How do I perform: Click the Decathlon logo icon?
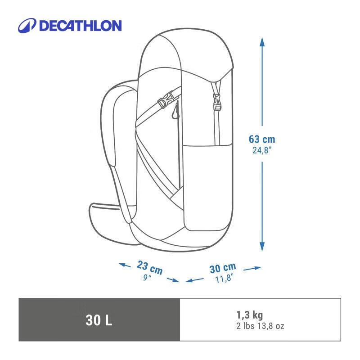click(x=27, y=26)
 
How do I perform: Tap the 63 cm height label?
click(x=262, y=139)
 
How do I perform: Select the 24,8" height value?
click(x=262, y=150)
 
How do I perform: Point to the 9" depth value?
click(x=147, y=278)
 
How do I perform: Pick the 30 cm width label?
click(x=223, y=268)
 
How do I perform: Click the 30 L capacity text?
click(x=99, y=320)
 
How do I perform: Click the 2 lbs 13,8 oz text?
click(x=260, y=326)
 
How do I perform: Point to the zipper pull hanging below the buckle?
click(x=175, y=113)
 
